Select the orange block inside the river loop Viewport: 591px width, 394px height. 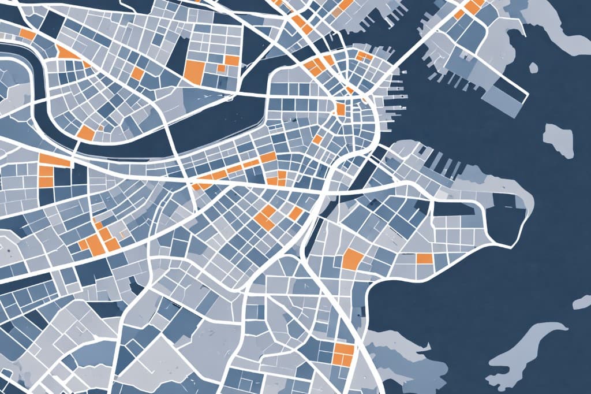coord(86,132)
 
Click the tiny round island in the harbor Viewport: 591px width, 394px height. coord(533,68)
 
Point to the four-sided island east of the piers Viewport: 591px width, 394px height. coord(558,140)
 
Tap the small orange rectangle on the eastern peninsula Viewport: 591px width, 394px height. coord(424,258)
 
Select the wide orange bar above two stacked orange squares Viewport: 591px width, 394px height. coord(54,159)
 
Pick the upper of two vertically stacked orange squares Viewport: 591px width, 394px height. coord(45,171)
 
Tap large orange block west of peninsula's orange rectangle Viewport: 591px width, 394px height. coord(352,259)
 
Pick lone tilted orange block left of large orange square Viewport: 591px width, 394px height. coord(137,73)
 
